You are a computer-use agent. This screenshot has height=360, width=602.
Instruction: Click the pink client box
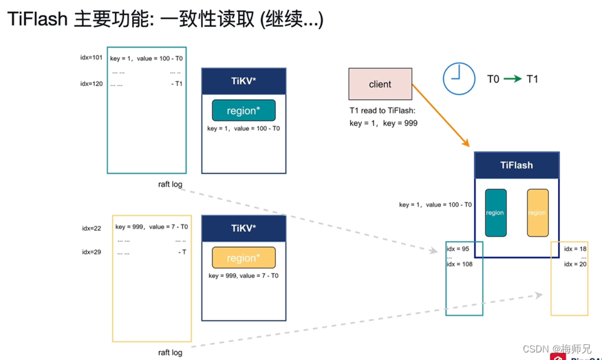(x=380, y=84)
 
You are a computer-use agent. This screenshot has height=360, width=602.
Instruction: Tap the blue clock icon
(x=458, y=78)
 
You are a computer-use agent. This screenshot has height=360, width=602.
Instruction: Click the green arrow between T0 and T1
(x=513, y=79)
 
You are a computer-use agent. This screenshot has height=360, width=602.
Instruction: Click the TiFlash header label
(x=516, y=165)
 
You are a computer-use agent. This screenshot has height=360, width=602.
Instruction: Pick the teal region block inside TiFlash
(x=495, y=213)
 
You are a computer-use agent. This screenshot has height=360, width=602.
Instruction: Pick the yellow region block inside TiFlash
(x=537, y=213)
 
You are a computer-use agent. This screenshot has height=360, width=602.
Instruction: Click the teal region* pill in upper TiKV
(x=244, y=111)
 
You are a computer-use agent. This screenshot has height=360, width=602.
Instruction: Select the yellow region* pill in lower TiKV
(x=244, y=257)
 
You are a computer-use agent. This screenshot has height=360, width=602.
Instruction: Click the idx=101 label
(x=91, y=58)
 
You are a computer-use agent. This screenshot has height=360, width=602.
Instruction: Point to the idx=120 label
(x=91, y=84)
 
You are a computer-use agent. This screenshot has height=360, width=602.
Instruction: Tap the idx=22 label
(x=92, y=228)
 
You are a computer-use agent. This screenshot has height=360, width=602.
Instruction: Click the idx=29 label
(x=92, y=252)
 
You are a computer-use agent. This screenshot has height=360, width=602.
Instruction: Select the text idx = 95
(x=458, y=249)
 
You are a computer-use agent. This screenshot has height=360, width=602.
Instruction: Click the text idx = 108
(x=460, y=264)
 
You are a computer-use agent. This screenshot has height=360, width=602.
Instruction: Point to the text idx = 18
(x=575, y=249)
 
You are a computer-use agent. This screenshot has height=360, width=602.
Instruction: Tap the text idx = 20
(x=575, y=264)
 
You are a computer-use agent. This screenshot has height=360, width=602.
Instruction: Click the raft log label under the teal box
(x=170, y=184)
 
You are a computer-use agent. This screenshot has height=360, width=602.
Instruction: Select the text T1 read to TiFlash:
(x=381, y=110)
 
